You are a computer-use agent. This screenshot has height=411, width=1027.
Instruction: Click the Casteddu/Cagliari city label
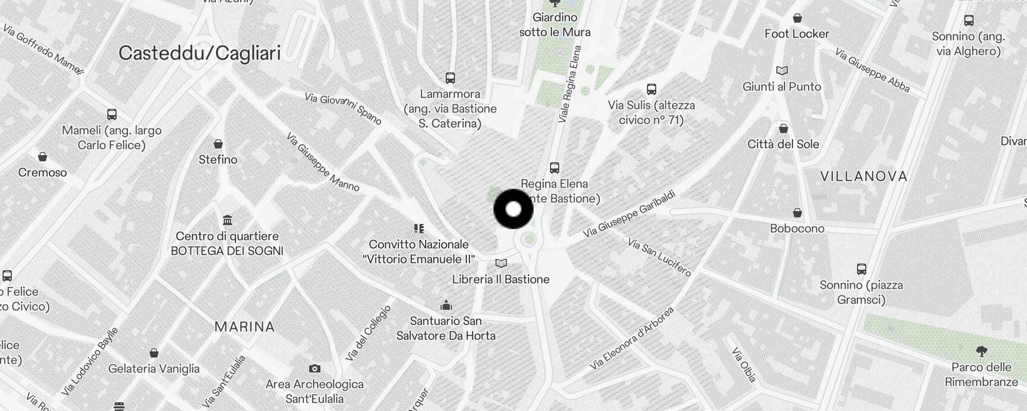click(199, 53)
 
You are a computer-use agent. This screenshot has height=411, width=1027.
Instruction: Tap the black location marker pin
click(513, 209)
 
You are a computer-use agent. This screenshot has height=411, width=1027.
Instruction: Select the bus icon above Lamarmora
click(450, 78)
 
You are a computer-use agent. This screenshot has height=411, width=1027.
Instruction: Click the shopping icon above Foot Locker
click(797, 18)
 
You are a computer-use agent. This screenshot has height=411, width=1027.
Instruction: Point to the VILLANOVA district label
click(864, 177)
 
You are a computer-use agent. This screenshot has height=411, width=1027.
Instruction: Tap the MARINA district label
click(244, 327)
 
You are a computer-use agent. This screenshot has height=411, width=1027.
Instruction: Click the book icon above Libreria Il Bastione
click(501, 264)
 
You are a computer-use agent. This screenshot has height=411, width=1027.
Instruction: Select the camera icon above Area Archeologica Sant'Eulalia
click(314, 368)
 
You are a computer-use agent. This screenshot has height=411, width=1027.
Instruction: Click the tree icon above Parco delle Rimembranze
click(981, 351)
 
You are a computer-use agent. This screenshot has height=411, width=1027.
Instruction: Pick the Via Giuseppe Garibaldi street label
click(629, 214)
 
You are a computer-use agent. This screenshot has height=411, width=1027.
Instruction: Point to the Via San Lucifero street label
click(659, 257)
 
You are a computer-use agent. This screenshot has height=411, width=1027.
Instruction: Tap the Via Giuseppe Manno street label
click(322, 162)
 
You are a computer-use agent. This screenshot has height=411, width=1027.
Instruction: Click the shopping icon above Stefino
click(218, 144)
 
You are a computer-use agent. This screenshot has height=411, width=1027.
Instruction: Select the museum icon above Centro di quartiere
click(227, 220)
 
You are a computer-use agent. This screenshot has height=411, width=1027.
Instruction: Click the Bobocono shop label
click(797, 229)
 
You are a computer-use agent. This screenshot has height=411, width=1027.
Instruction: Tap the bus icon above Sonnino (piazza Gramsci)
click(861, 269)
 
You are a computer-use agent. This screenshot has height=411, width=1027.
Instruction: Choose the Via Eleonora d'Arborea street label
click(631, 339)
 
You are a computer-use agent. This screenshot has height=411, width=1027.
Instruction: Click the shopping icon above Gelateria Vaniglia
click(154, 353)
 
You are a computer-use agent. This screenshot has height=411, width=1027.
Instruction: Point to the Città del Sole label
click(783, 144)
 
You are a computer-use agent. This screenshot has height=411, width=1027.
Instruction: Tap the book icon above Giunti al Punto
click(782, 70)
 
